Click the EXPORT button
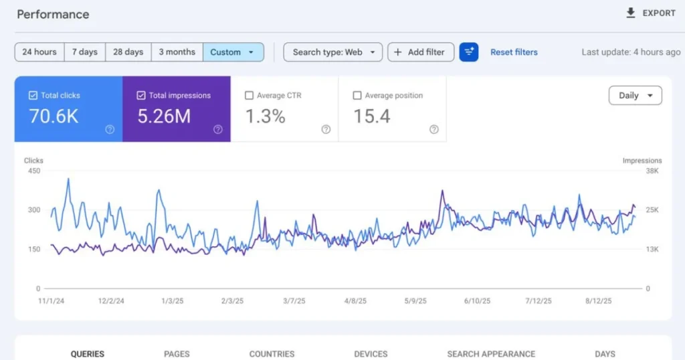pos(650,13)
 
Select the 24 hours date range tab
pos(39,52)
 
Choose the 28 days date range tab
pos(128,52)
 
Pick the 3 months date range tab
pos(177,52)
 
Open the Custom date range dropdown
pos(232,52)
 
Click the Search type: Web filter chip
pos(332,52)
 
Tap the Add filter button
pos(421,52)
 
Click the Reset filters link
pos(514,52)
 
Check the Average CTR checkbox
pos(250,96)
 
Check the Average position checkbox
pos(357,96)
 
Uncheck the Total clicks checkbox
pos(33,96)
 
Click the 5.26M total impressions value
pos(164,116)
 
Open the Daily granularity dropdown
pos(635,96)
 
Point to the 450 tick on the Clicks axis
pos(33,171)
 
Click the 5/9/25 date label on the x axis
pos(415,301)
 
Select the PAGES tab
pos(177,354)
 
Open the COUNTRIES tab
pos(272,354)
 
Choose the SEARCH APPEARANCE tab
pos(491,354)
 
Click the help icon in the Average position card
pos(433,130)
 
